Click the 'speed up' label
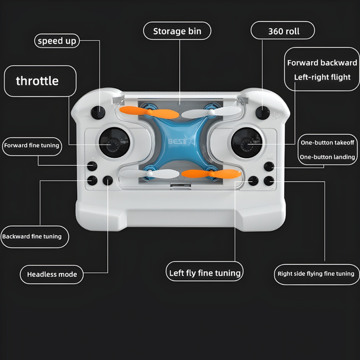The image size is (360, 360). tap(57, 41)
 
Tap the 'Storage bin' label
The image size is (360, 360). tap(177, 31)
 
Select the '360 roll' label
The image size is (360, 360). tap(283, 31)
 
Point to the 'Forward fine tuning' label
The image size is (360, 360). tap(31, 145)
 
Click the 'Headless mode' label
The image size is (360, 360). tap(52, 274)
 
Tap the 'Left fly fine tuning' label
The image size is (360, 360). tap(204, 273)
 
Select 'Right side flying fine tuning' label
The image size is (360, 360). tap(316, 274)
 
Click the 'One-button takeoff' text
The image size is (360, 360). tap(328, 143)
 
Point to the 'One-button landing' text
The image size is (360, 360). tap(328, 157)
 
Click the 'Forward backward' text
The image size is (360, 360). tap(322, 63)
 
